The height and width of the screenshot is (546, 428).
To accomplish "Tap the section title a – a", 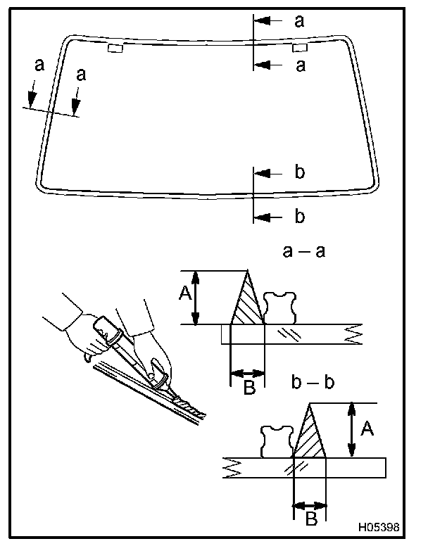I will (303, 251).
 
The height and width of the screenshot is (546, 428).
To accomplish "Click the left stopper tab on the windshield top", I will (115, 48).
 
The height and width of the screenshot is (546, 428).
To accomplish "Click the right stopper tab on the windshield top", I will (299, 47).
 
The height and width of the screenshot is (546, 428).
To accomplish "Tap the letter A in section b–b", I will (367, 428).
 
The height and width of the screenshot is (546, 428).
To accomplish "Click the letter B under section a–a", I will (248, 388).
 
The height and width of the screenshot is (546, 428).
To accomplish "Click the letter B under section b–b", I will (310, 519).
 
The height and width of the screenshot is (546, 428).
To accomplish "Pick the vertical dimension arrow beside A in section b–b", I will (351, 430).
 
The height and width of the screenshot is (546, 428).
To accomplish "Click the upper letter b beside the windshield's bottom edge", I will (299, 172).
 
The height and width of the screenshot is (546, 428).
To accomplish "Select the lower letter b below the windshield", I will (299, 216).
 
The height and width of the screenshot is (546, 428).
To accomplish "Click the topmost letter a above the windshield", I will (300, 21).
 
